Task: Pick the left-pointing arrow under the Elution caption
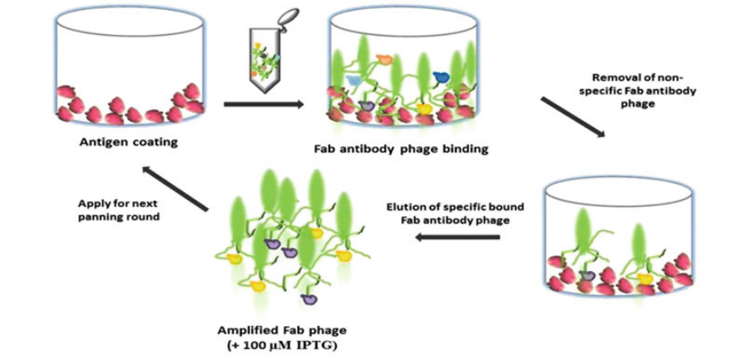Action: [458, 236]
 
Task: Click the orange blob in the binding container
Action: [384, 59]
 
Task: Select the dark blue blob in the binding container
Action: [440, 77]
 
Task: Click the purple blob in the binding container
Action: [369, 106]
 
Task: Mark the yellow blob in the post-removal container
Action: [644, 278]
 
